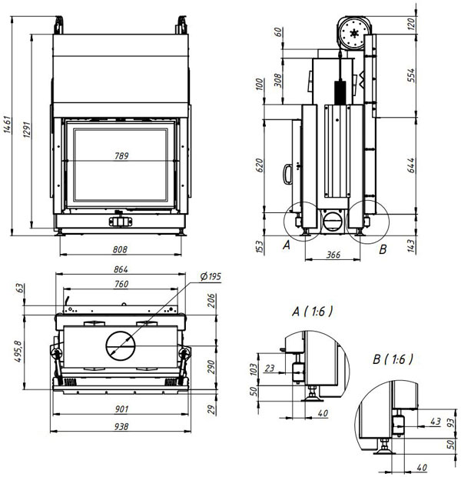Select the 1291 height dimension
[27, 130]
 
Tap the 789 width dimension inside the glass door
[121, 155]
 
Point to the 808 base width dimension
[120, 249]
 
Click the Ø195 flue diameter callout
[211, 276]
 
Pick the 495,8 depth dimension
[18, 352]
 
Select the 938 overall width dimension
[121, 426]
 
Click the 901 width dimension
[121, 409]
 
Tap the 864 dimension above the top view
[121, 269]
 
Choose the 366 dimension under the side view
[333, 255]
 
